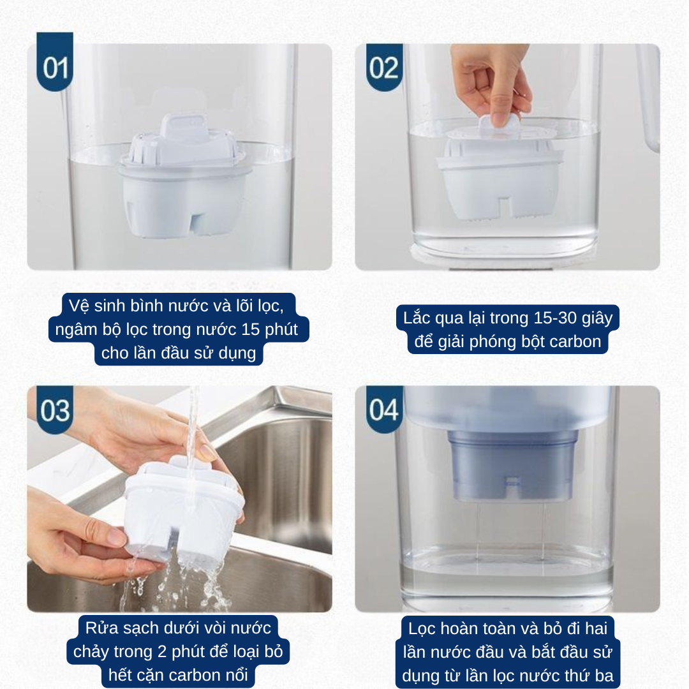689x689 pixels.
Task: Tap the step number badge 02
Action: [x=384, y=67]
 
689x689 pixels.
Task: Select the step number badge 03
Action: [x=55, y=410]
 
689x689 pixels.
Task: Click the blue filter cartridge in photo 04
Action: [x=512, y=466]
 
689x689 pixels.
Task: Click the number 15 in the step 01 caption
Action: [x=251, y=329]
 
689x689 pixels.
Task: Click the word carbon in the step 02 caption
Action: [x=575, y=341]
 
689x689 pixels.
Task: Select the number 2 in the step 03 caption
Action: [x=161, y=651]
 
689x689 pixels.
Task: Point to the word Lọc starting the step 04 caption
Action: [x=422, y=628]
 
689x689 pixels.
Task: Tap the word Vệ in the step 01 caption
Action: [x=79, y=306]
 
